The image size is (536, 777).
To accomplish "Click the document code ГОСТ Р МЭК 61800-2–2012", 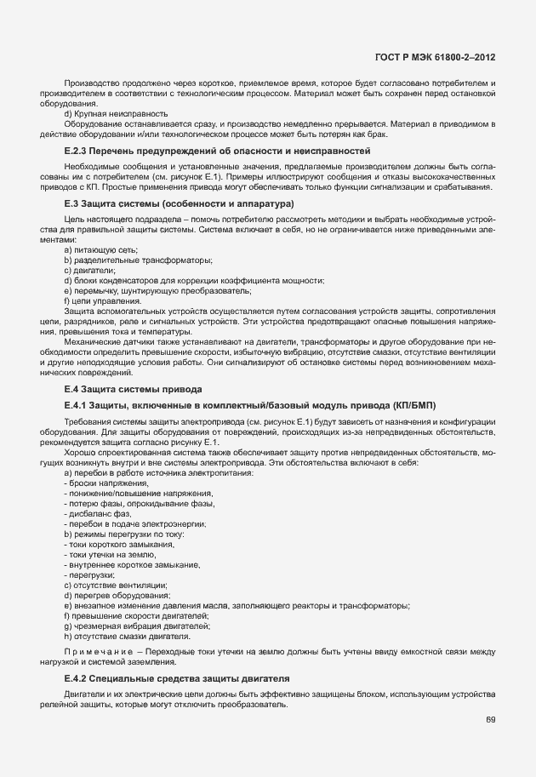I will coord(435,58).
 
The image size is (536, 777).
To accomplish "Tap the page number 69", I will coord(491,720).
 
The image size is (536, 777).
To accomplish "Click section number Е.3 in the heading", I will coord(71,204).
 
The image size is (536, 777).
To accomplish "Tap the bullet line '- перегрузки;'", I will coord(89,574).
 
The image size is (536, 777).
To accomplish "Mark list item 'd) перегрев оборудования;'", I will coord(116,595).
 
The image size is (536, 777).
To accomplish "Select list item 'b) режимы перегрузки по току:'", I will coord(123,534).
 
